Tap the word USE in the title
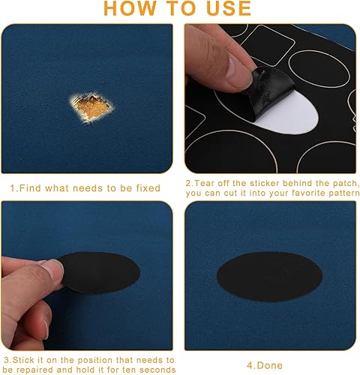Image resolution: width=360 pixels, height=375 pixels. (225, 9)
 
